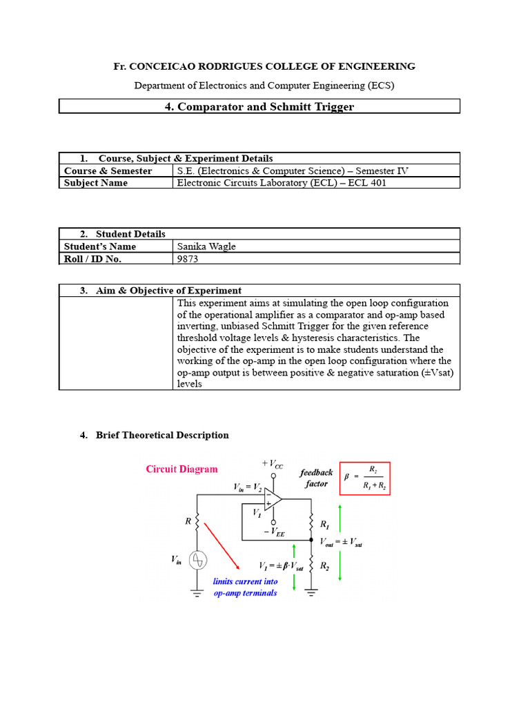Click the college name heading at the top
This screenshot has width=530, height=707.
click(x=264, y=66)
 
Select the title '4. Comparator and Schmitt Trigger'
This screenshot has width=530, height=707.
click(x=259, y=106)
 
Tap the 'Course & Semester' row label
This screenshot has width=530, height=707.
click(x=108, y=171)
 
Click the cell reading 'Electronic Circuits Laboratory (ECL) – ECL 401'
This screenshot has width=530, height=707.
click(x=282, y=183)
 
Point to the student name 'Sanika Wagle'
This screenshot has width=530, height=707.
click(x=206, y=246)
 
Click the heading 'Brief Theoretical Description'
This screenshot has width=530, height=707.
click(x=162, y=435)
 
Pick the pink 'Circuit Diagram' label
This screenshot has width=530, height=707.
click(x=181, y=469)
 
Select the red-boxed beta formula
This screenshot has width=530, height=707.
click(x=364, y=478)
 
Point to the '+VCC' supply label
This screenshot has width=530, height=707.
click(x=272, y=464)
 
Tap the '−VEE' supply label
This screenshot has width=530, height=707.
click(x=274, y=533)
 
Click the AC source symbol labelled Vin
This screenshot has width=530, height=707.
click(x=197, y=561)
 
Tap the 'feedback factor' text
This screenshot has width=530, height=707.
click(x=316, y=478)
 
